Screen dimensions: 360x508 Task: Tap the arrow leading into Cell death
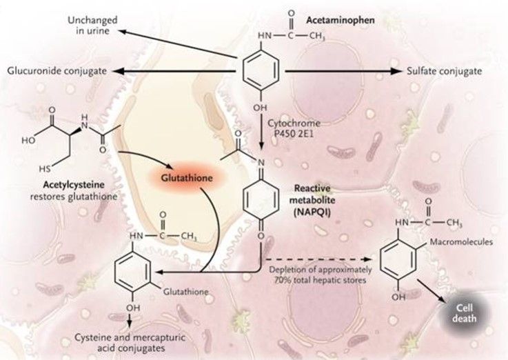[434, 295]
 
